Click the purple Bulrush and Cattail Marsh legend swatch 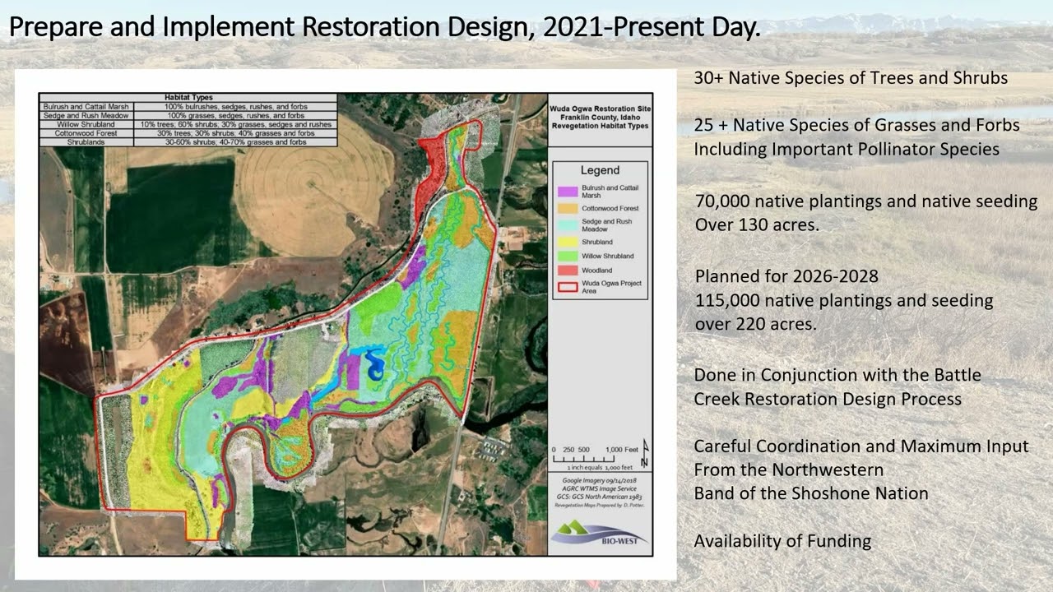pos(565,191)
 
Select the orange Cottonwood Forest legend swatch pos(565,208)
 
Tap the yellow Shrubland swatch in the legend pos(565,242)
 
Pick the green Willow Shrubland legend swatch pos(565,256)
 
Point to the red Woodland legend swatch pos(565,270)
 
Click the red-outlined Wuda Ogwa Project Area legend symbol pos(565,287)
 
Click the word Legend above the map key pos(600,170)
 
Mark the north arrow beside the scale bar pos(645,448)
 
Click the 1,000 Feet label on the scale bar pos(622,449)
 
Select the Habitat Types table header pos(188,97)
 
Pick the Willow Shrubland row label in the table pos(86,123)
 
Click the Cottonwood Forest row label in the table pos(86,132)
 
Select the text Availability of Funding pos(782,540)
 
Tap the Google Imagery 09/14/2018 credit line pos(599,479)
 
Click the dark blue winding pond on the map pos(374,364)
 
